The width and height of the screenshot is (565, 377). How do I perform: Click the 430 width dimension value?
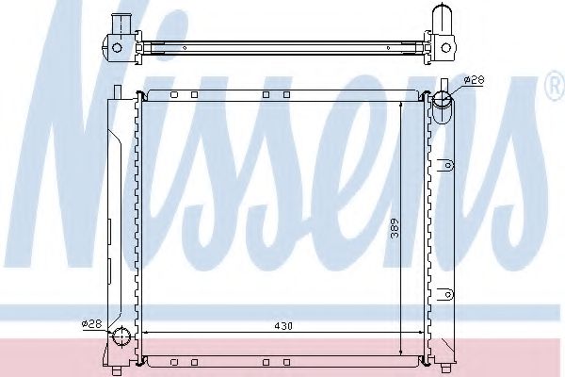[283, 326]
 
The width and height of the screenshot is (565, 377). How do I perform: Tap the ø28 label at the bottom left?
[91, 323]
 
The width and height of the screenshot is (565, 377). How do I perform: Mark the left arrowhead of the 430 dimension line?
[146, 334]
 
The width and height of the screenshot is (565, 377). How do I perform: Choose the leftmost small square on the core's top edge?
[173, 95]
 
